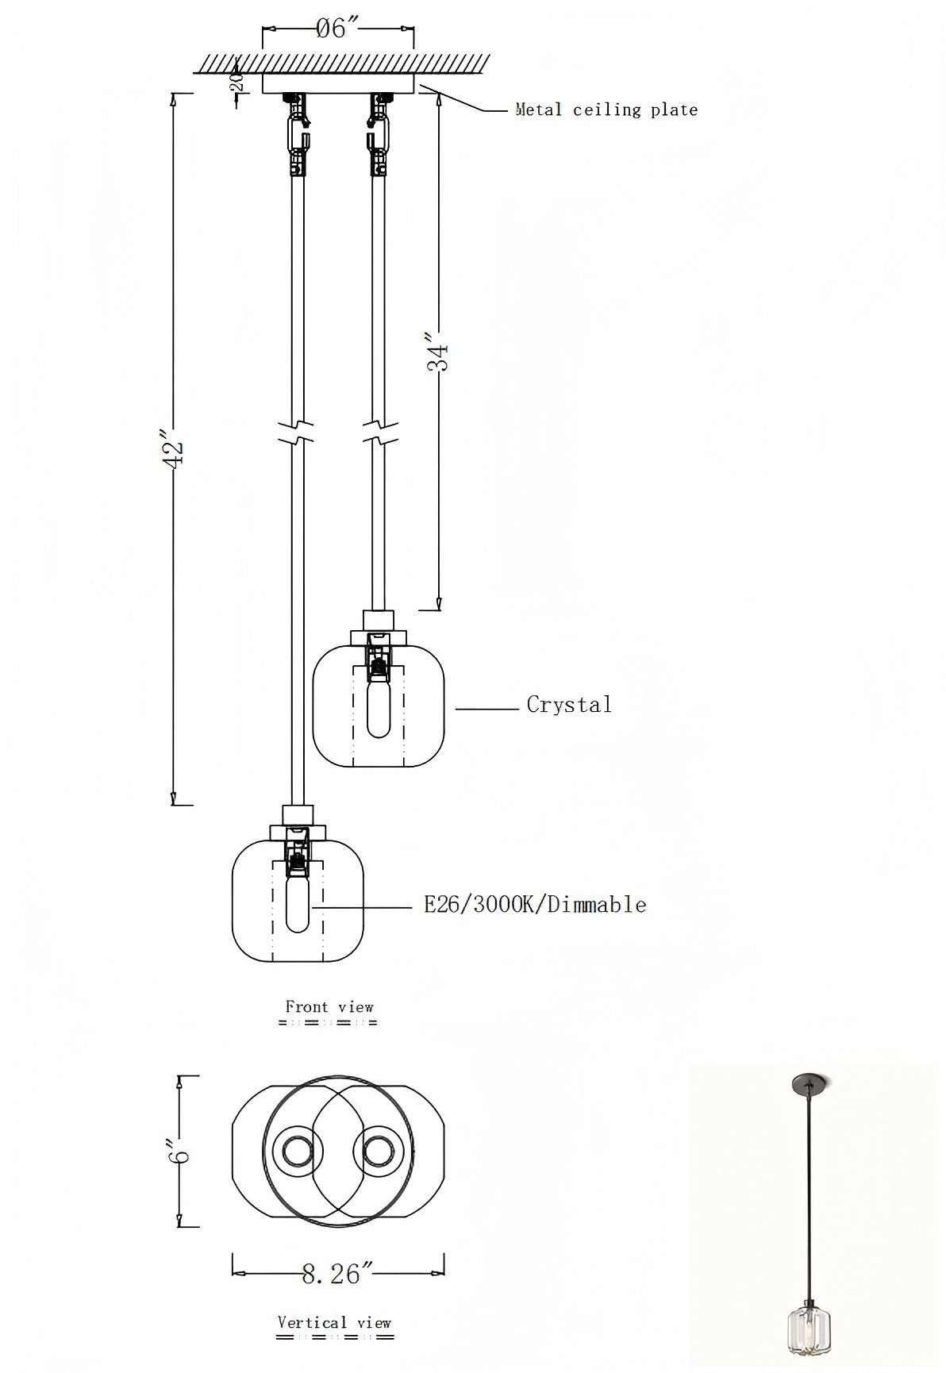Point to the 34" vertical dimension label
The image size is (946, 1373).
coord(437,356)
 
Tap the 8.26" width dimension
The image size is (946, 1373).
coord(337,1275)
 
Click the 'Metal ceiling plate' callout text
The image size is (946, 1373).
coord(606,110)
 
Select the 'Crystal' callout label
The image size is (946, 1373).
coord(569,705)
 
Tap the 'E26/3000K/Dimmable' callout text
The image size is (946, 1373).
coord(535,905)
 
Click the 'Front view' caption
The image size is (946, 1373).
coord(329,1007)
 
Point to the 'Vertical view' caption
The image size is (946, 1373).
coord(334,1322)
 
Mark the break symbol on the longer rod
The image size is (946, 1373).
coord(298,433)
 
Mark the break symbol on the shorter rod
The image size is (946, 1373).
coord(379,433)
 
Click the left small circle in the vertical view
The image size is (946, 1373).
coord(298,1151)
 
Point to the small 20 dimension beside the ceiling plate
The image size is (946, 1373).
coord(235,81)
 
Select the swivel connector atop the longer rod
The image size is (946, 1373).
coord(298,131)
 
